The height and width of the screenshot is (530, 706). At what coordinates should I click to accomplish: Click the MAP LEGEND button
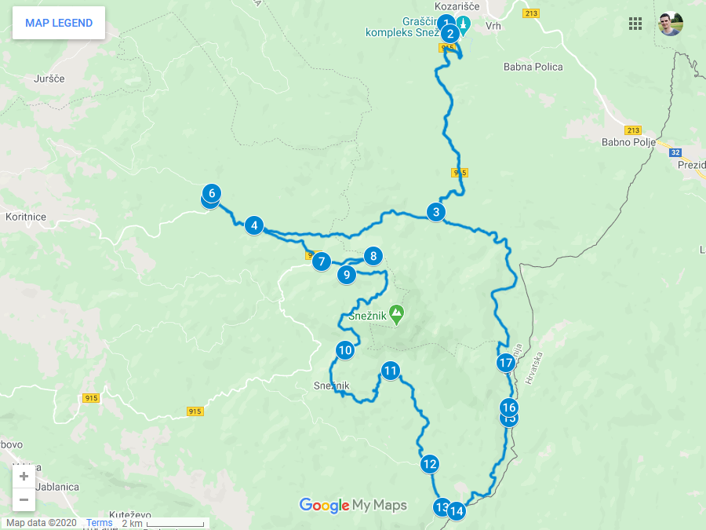pyautogui.click(x=59, y=23)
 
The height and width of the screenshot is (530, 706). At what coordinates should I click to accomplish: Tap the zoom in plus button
pyautogui.click(x=24, y=476)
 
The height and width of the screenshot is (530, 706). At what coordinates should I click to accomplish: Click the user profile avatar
pyautogui.click(x=670, y=24)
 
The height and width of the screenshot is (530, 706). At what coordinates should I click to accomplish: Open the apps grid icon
pyautogui.click(x=635, y=24)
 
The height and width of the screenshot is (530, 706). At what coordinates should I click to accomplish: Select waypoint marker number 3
pyautogui.click(x=435, y=212)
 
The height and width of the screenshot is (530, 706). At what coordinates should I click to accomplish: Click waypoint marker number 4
pyautogui.click(x=253, y=226)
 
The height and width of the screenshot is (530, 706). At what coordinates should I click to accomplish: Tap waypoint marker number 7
pyautogui.click(x=321, y=261)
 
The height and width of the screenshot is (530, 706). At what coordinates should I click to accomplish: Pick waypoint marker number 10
pyautogui.click(x=344, y=350)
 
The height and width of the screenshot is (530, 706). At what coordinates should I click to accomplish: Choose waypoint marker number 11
pyautogui.click(x=391, y=371)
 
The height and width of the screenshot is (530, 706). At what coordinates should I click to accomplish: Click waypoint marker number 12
pyautogui.click(x=428, y=464)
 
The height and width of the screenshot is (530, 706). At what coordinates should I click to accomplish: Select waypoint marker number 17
pyautogui.click(x=506, y=363)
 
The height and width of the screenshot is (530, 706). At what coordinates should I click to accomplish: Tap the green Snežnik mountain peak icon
pyautogui.click(x=397, y=315)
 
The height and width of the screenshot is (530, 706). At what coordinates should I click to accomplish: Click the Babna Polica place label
pyautogui.click(x=533, y=68)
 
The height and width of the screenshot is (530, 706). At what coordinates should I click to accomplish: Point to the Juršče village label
pyautogui.click(x=49, y=79)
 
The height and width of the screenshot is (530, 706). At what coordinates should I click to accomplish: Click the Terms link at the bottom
pyautogui.click(x=99, y=523)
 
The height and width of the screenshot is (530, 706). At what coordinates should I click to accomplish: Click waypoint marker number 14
pyautogui.click(x=456, y=511)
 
